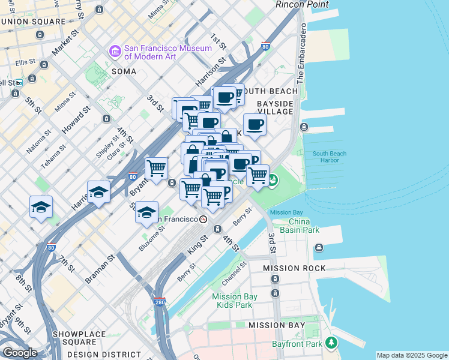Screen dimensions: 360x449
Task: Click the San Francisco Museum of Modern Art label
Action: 167,52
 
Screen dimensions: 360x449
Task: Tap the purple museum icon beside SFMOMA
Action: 115,52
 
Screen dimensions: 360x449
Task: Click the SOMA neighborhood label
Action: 123,71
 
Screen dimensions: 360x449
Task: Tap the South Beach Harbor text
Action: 330,157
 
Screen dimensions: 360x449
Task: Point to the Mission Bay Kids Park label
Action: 232,301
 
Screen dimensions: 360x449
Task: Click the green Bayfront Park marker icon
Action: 331,343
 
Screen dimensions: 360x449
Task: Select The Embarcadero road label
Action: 301,54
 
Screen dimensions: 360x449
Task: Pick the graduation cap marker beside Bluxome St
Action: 147,212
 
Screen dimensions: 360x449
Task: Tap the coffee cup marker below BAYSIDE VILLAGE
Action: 255,124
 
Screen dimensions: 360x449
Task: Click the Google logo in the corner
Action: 20,353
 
